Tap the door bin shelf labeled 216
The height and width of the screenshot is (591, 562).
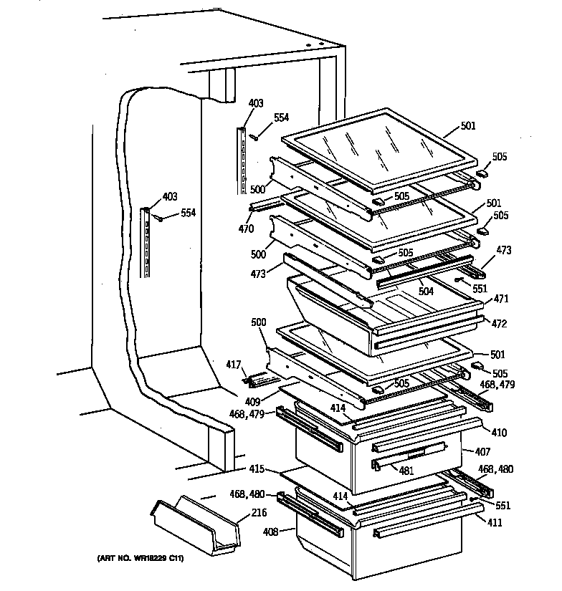(193, 527)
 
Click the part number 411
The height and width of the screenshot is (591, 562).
(495, 523)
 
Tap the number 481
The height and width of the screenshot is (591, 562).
(406, 471)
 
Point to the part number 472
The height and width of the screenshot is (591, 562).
(499, 325)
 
